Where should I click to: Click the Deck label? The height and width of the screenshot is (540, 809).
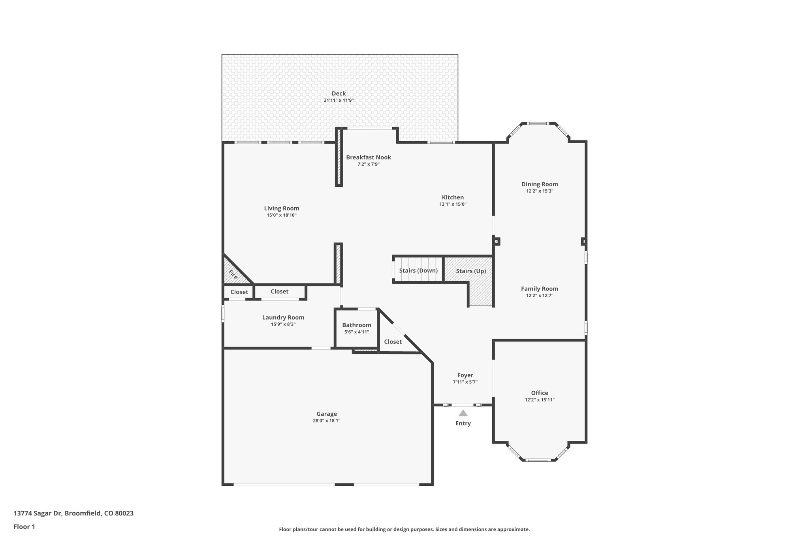tap(339, 93)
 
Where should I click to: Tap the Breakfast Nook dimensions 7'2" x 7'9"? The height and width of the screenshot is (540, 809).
tap(368, 164)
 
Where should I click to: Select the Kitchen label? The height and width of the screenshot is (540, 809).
tap(453, 197)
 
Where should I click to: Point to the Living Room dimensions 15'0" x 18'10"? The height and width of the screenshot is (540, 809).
tap(281, 215)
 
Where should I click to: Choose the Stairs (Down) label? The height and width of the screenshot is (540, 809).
tap(418, 271)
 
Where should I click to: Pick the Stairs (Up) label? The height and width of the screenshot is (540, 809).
tap(471, 271)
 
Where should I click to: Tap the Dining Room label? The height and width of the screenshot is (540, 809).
tap(540, 184)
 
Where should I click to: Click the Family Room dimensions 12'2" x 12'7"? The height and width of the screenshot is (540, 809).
tap(540, 296)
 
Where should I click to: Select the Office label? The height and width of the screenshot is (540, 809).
tap(540, 393)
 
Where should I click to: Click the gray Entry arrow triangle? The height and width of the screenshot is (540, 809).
tap(463, 413)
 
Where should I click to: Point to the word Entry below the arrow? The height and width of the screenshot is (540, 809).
tap(463, 423)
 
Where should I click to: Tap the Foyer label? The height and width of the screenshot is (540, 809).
tap(465, 375)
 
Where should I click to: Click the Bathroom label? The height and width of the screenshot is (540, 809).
tap(357, 325)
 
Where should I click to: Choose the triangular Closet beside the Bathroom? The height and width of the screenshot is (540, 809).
tap(393, 341)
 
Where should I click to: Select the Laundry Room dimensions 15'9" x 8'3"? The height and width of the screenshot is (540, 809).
tap(283, 324)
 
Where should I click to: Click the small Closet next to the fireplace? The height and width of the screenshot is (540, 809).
tap(239, 292)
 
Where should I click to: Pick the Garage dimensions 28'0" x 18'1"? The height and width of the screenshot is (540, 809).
tap(327, 421)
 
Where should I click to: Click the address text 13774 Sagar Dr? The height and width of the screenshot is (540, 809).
tap(38, 513)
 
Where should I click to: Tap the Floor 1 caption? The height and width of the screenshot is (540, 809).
tap(24, 527)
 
